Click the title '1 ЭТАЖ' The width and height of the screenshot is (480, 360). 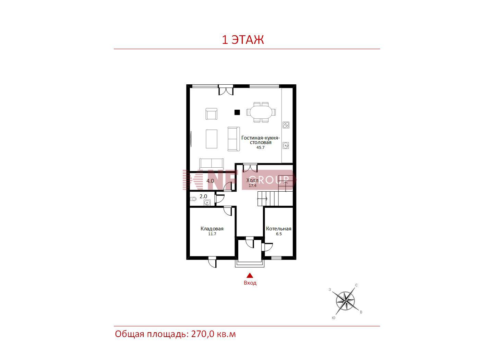243,40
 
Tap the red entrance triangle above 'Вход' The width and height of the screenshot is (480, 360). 250,275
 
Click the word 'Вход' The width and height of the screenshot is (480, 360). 250,283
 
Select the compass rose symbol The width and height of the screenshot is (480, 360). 345,301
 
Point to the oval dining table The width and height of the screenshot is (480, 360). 261,112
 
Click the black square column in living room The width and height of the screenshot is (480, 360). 237,112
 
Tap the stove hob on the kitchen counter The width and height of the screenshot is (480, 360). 286,125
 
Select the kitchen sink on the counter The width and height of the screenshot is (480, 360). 286,145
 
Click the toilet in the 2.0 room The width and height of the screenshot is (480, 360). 193,199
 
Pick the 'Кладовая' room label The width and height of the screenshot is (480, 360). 212,229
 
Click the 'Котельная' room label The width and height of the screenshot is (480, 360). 279,229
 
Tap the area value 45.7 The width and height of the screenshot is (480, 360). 261,147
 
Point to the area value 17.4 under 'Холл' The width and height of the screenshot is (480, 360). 252,185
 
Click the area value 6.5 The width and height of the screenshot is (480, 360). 279,234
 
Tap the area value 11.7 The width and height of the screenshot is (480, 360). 212,234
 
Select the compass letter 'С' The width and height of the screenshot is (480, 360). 356,285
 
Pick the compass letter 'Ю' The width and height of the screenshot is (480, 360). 334,318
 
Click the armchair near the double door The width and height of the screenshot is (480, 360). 212,114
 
